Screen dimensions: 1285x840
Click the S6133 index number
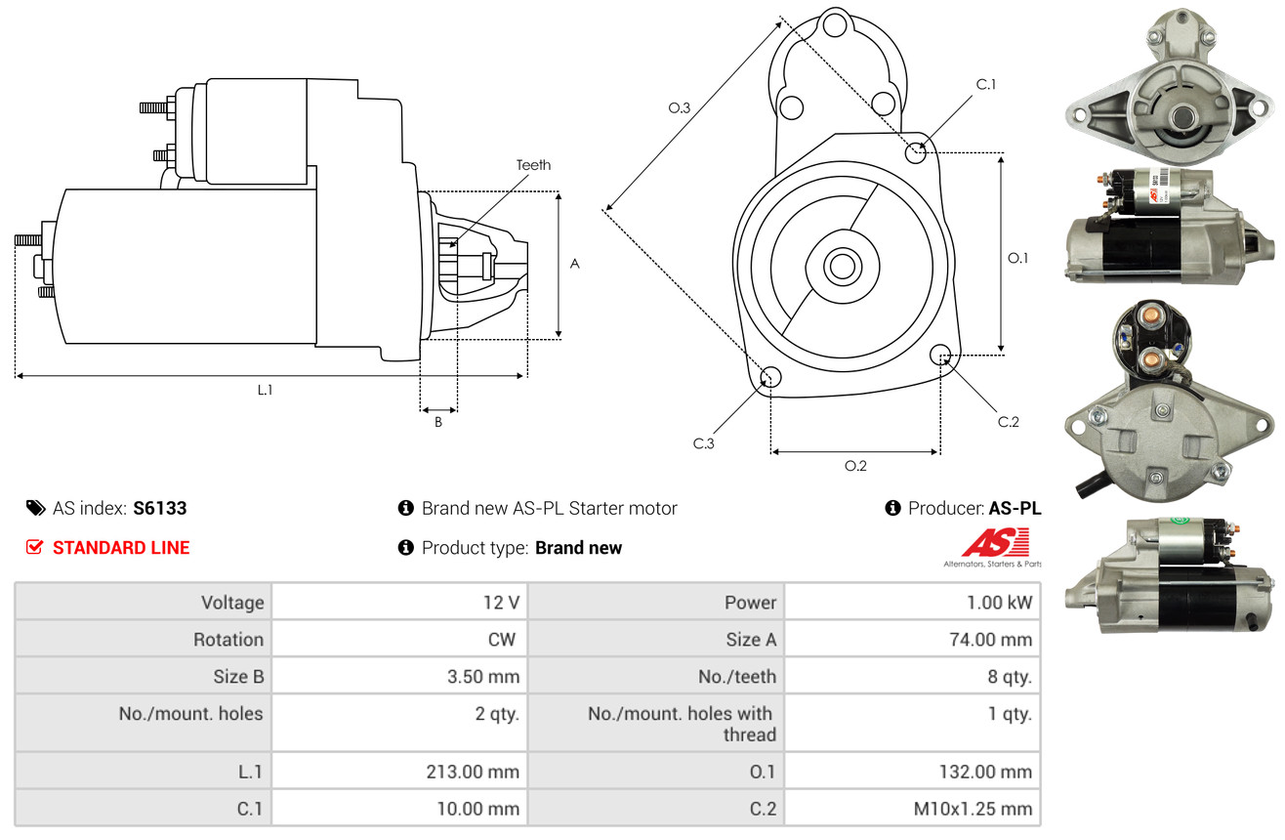(159, 508)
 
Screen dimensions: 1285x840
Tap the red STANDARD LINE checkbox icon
(34, 547)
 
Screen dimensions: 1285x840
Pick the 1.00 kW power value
(999, 603)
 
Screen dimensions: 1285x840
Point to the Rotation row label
(228, 639)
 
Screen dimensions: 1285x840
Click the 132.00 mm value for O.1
(985, 772)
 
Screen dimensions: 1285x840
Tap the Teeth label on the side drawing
(533, 165)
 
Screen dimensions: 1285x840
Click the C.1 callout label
(986, 84)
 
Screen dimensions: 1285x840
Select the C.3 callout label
(703, 442)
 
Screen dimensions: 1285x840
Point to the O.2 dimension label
(855, 466)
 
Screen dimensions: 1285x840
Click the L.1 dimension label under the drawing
(265, 390)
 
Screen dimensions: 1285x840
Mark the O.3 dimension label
(680, 107)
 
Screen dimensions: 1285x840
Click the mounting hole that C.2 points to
(940, 355)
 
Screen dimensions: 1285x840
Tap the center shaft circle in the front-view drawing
(842, 267)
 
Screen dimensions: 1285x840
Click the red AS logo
(996, 543)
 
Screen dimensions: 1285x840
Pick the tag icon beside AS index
(35, 508)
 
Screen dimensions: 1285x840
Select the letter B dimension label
(438, 422)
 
